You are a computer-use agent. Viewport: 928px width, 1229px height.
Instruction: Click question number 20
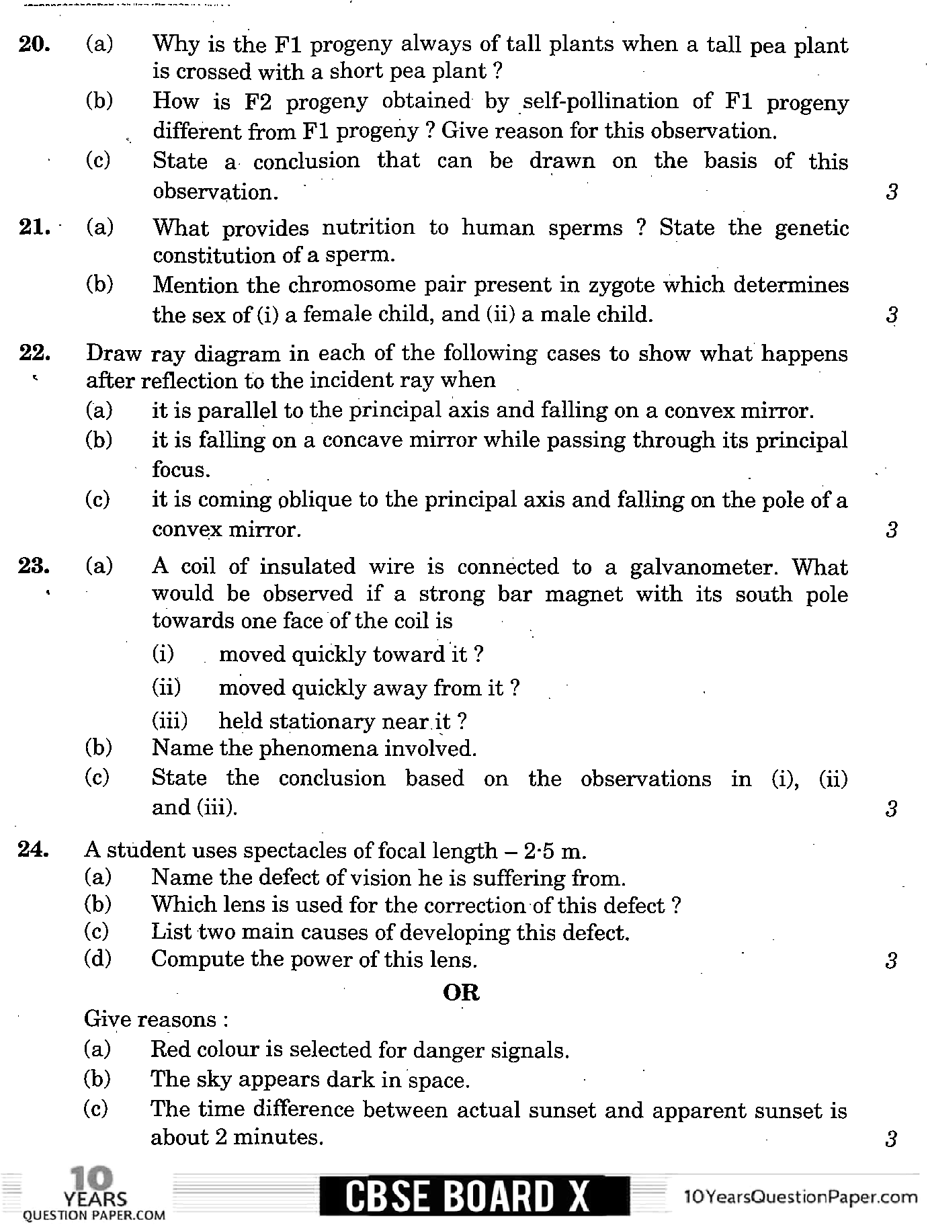[33, 44]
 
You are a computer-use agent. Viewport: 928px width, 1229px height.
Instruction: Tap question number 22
[33, 353]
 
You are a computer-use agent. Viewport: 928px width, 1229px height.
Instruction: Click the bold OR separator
[462, 992]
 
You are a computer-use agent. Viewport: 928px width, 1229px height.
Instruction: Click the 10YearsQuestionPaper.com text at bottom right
[800, 1196]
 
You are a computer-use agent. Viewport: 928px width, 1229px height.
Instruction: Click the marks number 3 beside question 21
[892, 314]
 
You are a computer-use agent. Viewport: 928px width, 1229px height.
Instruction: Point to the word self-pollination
[601, 102]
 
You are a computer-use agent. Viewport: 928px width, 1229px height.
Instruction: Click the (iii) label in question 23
[169, 721]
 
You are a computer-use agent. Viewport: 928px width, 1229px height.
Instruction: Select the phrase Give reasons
[156, 1019]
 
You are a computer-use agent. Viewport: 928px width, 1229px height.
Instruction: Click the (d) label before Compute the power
[97, 959]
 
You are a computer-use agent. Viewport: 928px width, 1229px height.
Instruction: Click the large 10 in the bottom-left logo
[91, 1179]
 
